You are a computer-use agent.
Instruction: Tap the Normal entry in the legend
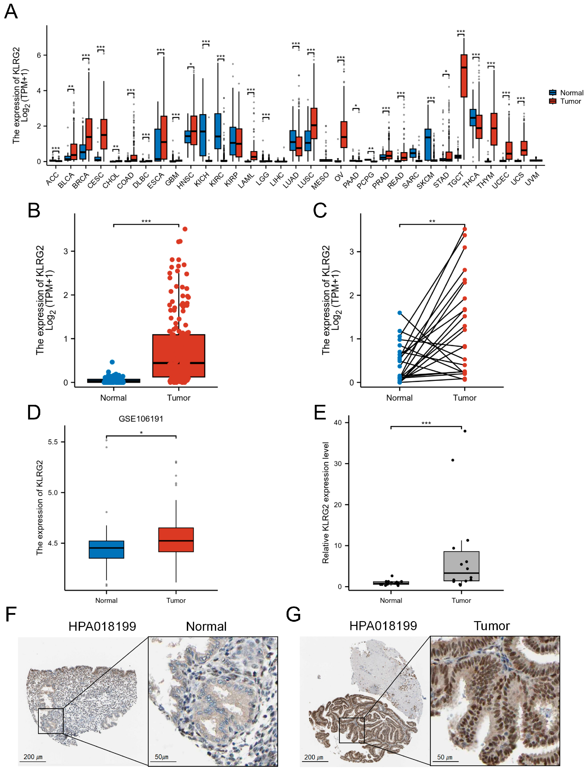[571, 93]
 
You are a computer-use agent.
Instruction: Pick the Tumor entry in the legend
[570, 101]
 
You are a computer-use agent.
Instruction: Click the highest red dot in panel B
[185, 229]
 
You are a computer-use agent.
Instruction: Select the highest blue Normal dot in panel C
[399, 313]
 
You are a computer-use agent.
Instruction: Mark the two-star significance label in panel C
[432, 221]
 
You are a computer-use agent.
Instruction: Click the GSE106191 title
[141, 419]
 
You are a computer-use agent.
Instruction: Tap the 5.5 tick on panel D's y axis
[53, 442]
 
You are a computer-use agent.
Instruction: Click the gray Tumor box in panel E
[461, 566]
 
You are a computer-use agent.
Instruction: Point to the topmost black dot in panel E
[465, 431]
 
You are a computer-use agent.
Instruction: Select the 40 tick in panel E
[338, 423]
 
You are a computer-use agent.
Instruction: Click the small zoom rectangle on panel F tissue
[51, 721]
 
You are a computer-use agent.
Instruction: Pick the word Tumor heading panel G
[491, 626]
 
